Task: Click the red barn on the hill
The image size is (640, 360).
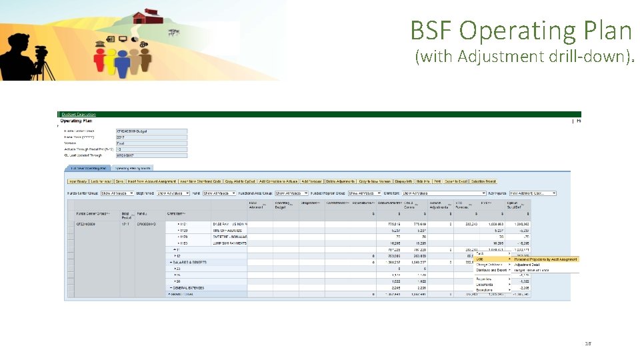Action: [147, 16]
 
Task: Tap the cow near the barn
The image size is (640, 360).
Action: [174, 31]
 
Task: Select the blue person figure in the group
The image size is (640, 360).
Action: [123, 63]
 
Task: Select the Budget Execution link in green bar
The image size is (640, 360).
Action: [79, 115]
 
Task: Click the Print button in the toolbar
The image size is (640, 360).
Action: [437, 181]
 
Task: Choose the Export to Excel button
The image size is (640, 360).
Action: [456, 181]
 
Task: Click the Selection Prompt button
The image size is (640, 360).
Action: [483, 181]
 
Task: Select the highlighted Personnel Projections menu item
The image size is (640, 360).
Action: [545, 259]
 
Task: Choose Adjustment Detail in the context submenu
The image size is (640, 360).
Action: [527, 265]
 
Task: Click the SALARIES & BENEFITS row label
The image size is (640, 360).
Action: [189, 262]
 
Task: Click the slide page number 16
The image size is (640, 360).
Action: [588, 343]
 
